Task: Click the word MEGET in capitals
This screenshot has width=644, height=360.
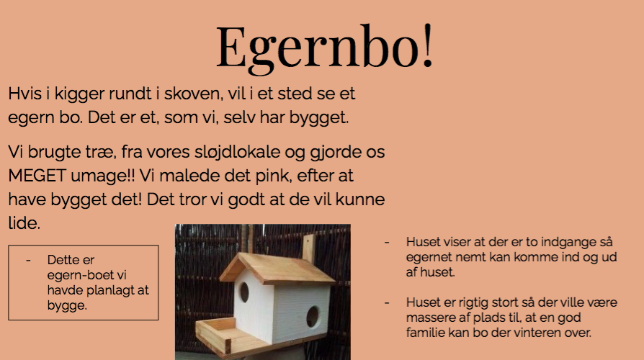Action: (x=37, y=176)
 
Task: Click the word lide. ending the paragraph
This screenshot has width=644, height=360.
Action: (x=24, y=223)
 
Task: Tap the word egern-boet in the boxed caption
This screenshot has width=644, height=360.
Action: (x=86, y=275)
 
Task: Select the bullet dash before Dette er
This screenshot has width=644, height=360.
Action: (x=28, y=260)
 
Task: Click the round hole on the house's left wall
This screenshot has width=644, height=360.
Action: (x=244, y=292)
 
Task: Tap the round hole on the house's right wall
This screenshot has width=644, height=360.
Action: (x=313, y=317)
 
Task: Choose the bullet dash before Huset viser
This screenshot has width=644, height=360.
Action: (x=387, y=243)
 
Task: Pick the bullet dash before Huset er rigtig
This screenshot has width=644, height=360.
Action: (x=387, y=303)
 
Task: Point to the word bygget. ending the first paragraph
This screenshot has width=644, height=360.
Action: (x=319, y=118)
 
